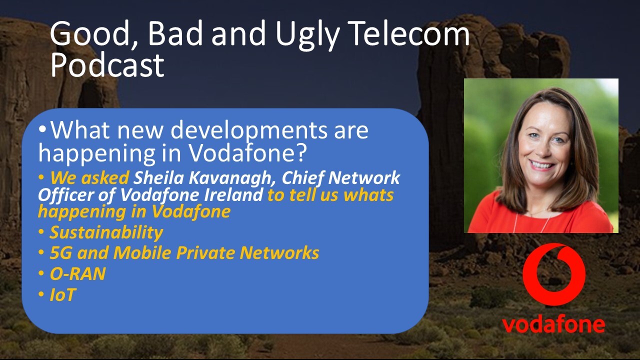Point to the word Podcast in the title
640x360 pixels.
click(107, 65)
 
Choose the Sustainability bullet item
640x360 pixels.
click(106, 232)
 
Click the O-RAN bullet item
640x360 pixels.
click(77, 273)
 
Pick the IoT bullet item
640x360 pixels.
click(62, 294)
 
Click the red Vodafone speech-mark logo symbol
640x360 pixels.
click(553, 274)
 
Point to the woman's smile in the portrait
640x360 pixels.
click(541, 164)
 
